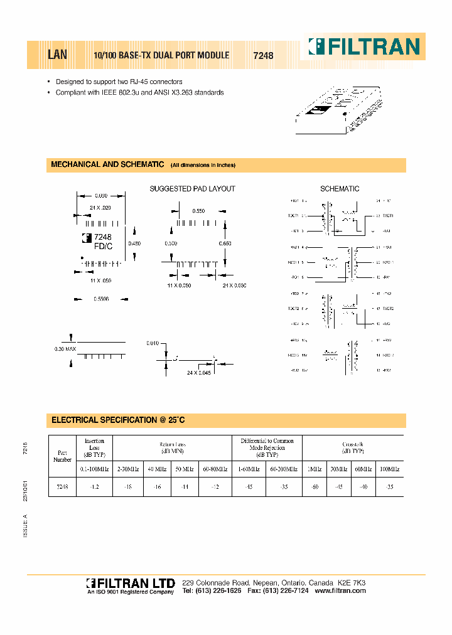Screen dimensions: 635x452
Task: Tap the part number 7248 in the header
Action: [263, 55]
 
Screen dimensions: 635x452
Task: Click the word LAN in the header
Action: [58, 55]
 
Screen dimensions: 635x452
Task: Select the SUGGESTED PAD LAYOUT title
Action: [192, 189]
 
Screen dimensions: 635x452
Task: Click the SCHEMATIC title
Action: [340, 189]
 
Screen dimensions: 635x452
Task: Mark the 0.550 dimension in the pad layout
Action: [198, 211]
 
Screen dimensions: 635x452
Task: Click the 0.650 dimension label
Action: [224, 243]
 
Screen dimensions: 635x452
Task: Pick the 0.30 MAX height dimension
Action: [65, 348]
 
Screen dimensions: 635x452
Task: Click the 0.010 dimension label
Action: [153, 343]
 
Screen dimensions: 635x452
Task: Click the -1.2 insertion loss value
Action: [94, 486]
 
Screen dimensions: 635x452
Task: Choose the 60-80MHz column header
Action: [215, 468]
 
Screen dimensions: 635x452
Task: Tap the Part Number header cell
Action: [62, 456]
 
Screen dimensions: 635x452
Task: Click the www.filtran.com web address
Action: [340, 591]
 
